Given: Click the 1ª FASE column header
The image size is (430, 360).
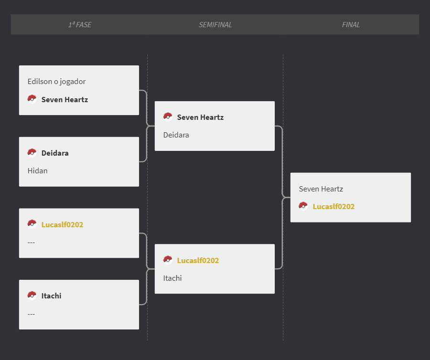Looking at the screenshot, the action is pyautogui.click(x=80, y=25).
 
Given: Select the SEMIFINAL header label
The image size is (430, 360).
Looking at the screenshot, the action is pyautogui.click(x=215, y=25).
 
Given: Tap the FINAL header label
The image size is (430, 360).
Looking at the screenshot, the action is pyautogui.click(x=351, y=25).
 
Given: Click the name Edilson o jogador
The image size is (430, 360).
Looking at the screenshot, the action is pyautogui.click(x=56, y=82).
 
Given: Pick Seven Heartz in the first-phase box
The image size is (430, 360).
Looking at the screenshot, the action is pyautogui.click(x=64, y=99).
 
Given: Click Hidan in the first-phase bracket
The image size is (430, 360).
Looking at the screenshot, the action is pyautogui.click(x=38, y=170).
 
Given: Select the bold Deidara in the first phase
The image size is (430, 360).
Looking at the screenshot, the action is pyautogui.click(x=55, y=153).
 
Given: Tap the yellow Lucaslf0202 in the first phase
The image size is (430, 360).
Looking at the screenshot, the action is pyautogui.click(x=62, y=225).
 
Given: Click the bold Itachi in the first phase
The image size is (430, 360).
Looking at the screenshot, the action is pyautogui.click(x=51, y=296).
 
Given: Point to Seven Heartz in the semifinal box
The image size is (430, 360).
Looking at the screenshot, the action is pyautogui.click(x=201, y=117).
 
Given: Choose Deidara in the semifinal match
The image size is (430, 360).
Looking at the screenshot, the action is pyautogui.click(x=176, y=135).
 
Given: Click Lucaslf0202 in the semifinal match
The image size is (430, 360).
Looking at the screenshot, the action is pyautogui.click(x=198, y=260).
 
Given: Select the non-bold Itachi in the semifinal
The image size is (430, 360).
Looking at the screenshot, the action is pyautogui.click(x=172, y=278).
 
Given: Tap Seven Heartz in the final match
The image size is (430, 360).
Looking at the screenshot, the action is pyautogui.click(x=321, y=189).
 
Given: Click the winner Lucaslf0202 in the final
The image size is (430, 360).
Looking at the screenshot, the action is pyautogui.click(x=334, y=207).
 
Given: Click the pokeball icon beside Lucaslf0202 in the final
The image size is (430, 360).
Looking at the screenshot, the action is pyautogui.click(x=303, y=206).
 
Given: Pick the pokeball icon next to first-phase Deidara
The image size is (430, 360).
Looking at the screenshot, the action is pyautogui.click(x=32, y=153).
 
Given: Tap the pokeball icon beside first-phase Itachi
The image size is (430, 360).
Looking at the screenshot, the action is pyautogui.click(x=32, y=296).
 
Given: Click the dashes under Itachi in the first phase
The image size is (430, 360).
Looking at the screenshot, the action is pyautogui.click(x=31, y=314).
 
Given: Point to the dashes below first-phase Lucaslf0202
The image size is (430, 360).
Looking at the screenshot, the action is pyautogui.click(x=31, y=243).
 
